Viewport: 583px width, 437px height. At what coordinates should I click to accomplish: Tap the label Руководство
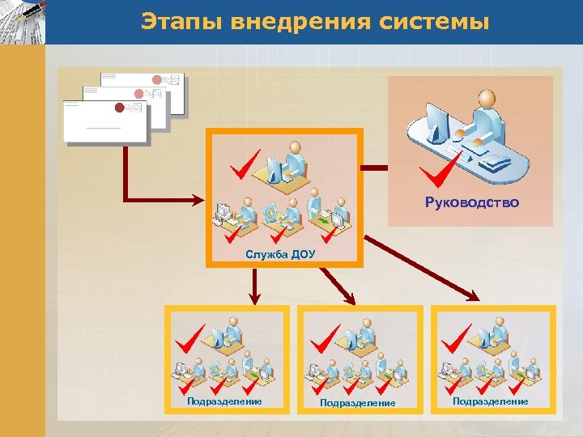(472, 203)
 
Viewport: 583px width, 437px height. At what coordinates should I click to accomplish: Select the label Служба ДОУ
(280, 255)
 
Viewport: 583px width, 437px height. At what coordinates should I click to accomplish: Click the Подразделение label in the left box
(224, 401)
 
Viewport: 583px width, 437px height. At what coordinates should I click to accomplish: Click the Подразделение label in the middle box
(357, 402)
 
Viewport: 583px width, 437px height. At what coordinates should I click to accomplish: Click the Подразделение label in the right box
(490, 401)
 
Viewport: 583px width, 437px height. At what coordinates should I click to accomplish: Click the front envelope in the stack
(105, 121)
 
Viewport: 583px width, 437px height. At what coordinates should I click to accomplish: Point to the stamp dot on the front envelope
(119, 108)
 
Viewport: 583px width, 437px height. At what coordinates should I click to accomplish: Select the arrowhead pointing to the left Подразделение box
(253, 295)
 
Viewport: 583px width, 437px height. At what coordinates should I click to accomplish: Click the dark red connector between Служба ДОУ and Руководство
(375, 168)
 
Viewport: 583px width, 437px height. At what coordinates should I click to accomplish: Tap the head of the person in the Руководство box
(485, 98)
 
